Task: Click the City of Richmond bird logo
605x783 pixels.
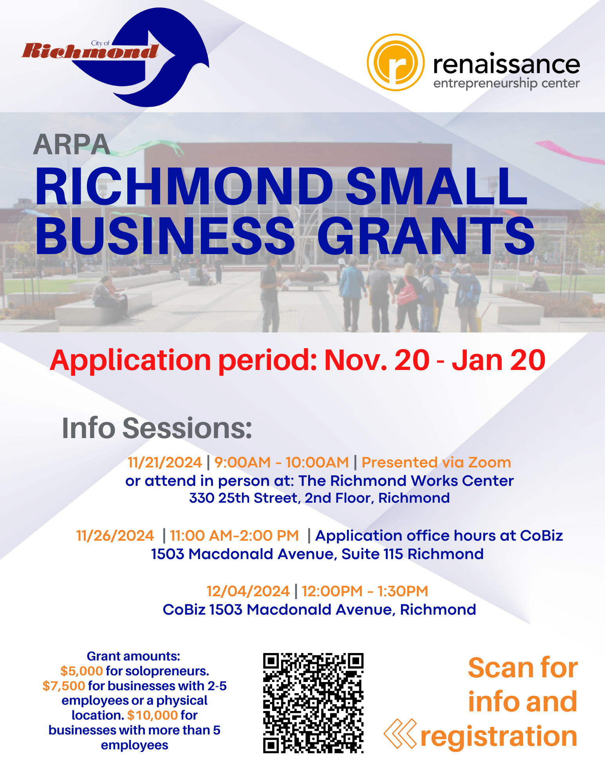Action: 117,57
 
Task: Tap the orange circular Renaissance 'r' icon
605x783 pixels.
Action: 396,62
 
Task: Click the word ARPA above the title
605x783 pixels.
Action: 71,145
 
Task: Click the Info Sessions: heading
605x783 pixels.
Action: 157,428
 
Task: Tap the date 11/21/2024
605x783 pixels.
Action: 165,462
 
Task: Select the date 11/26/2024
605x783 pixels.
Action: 115,536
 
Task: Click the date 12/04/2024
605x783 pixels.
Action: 248,591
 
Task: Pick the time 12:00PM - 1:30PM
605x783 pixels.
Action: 365,591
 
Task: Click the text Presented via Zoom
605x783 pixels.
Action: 436,462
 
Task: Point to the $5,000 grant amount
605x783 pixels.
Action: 81,671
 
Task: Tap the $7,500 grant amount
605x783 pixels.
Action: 64,686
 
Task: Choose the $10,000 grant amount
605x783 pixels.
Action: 152,715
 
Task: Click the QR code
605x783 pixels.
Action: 313,703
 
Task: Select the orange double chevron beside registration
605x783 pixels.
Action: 400,734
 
